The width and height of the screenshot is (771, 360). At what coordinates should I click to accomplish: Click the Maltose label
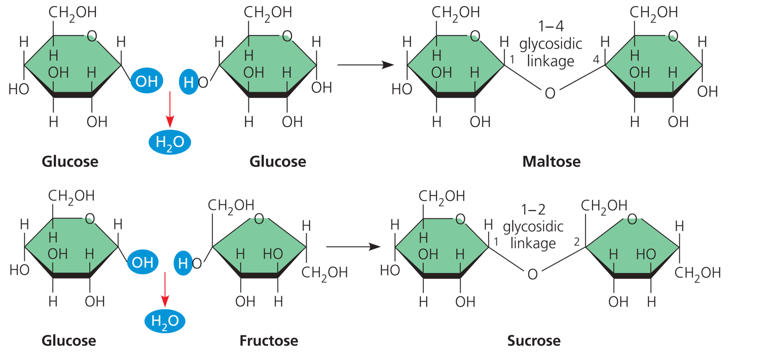[551, 162]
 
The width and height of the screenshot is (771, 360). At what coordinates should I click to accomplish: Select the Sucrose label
[534, 340]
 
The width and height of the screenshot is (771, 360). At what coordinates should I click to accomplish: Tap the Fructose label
[269, 340]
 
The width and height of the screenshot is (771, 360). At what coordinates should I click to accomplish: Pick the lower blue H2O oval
[165, 321]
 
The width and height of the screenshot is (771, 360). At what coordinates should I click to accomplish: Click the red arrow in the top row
[170, 110]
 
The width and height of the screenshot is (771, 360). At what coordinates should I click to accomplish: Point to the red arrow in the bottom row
[164, 289]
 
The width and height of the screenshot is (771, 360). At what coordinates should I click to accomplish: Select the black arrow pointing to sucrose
[353, 246]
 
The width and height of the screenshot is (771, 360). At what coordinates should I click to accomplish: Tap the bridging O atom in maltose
[549, 93]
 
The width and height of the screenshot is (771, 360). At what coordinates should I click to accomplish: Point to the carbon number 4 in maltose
[596, 60]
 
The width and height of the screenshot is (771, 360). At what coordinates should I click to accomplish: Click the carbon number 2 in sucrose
[576, 242]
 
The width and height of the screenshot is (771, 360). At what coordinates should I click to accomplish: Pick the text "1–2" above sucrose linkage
[532, 208]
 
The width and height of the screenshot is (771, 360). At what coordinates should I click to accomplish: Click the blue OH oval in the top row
[146, 81]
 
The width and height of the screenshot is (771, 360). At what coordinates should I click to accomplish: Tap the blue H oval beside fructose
[183, 263]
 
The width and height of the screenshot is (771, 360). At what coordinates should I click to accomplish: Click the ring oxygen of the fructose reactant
[259, 219]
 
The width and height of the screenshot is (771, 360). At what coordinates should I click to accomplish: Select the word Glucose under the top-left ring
[70, 162]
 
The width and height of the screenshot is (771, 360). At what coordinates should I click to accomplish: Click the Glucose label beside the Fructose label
[68, 340]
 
